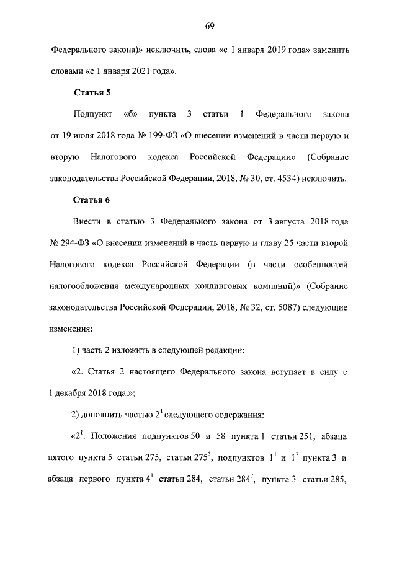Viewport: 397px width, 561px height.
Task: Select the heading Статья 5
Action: pyautogui.click(x=92, y=94)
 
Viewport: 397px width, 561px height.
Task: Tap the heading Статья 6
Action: pyautogui.click(x=92, y=200)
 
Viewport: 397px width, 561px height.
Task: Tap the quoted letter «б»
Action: pyautogui.click(x=129, y=115)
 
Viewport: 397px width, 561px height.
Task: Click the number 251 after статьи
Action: pyautogui.click(x=300, y=436)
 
